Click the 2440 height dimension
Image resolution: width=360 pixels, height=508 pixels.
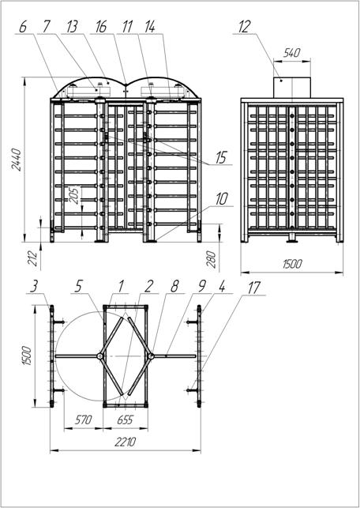click(17, 160)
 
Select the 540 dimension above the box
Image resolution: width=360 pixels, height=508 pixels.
click(291, 53)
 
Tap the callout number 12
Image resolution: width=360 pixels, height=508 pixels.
click(245, 27)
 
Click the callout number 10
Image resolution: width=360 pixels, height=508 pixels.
click(222, 199)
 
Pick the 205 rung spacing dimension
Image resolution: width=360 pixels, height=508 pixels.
click(75, 195)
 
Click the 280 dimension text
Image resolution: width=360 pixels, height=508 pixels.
click(212, 259)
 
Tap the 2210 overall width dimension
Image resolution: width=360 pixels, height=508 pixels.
click(126, 442)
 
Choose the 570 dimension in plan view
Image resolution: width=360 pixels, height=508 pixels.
click(84, 420)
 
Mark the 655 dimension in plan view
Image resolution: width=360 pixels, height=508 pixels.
click(125, 420)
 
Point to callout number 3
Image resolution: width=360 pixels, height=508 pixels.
click(34, 288)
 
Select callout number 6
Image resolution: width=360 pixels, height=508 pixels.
click(23, 27)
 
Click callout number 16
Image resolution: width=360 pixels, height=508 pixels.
click(101, 27)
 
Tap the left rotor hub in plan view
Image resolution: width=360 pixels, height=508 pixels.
click(100, 356)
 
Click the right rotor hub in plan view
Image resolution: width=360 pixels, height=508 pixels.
click(151, 356)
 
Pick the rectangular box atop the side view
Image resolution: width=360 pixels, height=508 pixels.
click(292, 88)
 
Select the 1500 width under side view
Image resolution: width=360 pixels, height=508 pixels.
click(292, 264)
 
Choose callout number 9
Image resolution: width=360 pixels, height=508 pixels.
click(202, 288)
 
